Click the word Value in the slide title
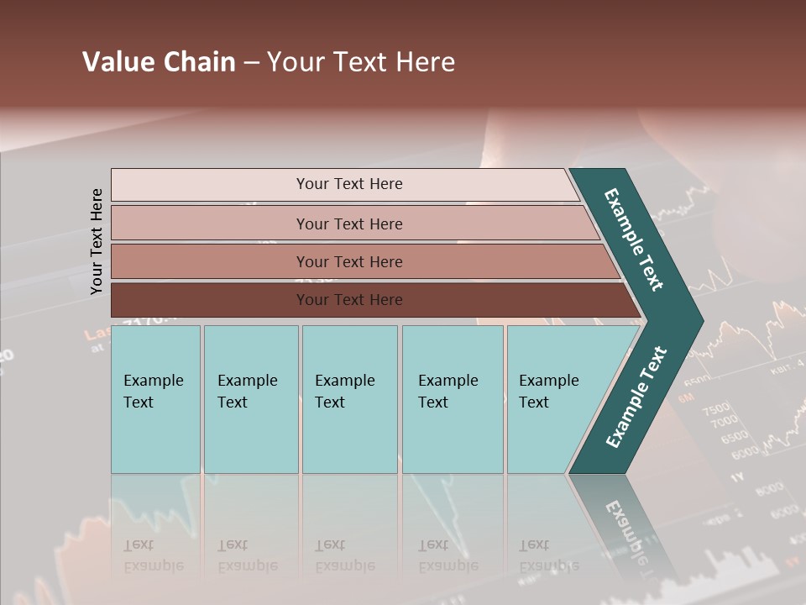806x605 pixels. (x=116, y=62)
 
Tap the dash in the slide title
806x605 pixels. (x=251, y=63)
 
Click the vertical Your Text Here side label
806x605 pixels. (x=97, y=241)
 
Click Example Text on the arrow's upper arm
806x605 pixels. (x=634, y=239)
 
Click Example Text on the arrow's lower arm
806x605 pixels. (x=636, y=397)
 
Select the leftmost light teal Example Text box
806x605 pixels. (x=155, y=399)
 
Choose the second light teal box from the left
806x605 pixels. (x=250, y=399)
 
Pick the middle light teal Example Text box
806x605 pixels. (x=348, y=399)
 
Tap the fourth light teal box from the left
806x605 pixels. (x=452, y=399)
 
